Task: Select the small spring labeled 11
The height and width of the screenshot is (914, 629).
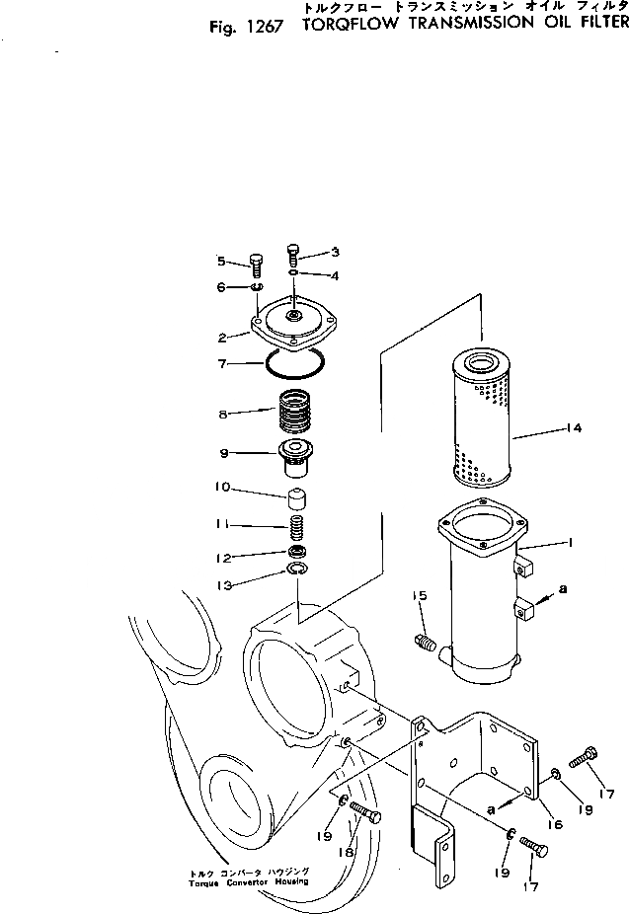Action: click(x=296, y=525)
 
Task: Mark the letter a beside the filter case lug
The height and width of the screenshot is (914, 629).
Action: click(x=563, y=590)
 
